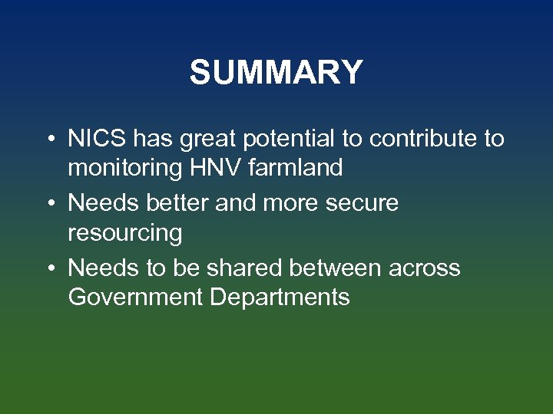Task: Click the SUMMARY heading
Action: click(276, 73)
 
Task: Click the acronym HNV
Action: click(210, 168)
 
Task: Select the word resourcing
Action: click(125, 232)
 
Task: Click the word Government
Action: click(135, 297)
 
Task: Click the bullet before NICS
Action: click(49, 140)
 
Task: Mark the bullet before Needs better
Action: click(49, 204)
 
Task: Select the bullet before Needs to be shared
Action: click(49, 269)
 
